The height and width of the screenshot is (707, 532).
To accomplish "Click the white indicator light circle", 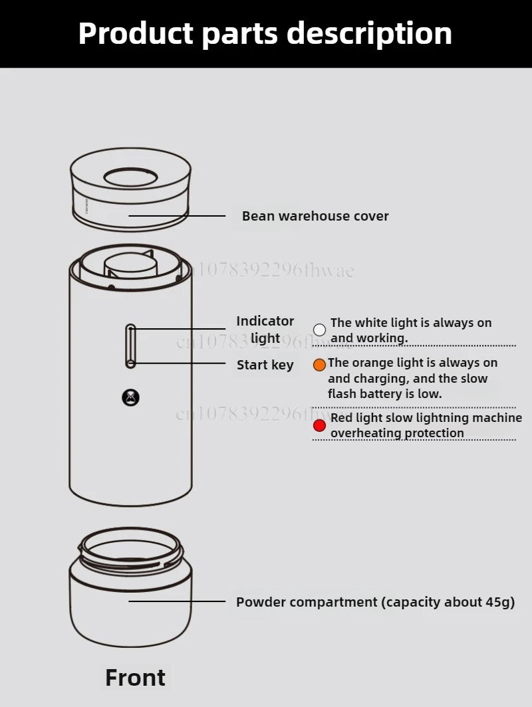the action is (x=319, y=330).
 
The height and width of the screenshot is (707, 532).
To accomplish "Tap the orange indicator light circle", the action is (x=319, y=365).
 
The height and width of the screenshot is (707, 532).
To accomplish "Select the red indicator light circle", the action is (x=319, y=425).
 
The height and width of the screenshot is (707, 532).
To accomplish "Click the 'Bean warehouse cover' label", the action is (x=315, y=216).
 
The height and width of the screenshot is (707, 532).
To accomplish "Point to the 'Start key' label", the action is (x=265, y=365).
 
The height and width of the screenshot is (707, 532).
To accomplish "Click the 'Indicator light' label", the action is (x=265, y=330).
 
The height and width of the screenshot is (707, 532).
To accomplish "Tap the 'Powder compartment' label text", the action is (x=307, y=602).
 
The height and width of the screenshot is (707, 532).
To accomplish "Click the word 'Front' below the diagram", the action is (x=136, y=677).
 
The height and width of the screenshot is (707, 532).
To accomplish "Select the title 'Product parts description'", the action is (x=265, y=33).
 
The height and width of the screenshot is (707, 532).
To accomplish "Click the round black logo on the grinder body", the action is (x=130, y=397).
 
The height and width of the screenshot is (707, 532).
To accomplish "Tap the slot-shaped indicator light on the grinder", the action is (x=130, y=346).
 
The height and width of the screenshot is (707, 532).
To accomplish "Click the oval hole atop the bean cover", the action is (x=130, y=177).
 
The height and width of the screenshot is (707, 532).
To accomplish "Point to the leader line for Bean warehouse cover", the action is (x=177, y=216).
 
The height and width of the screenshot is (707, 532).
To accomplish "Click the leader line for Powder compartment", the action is (x=177, y=601).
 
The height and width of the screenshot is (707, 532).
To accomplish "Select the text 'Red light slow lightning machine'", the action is (x=426, y=417).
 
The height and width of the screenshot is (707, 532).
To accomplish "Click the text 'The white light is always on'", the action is (x=411, y=323).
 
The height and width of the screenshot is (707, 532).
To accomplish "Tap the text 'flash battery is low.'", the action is (x=384, y=393).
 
